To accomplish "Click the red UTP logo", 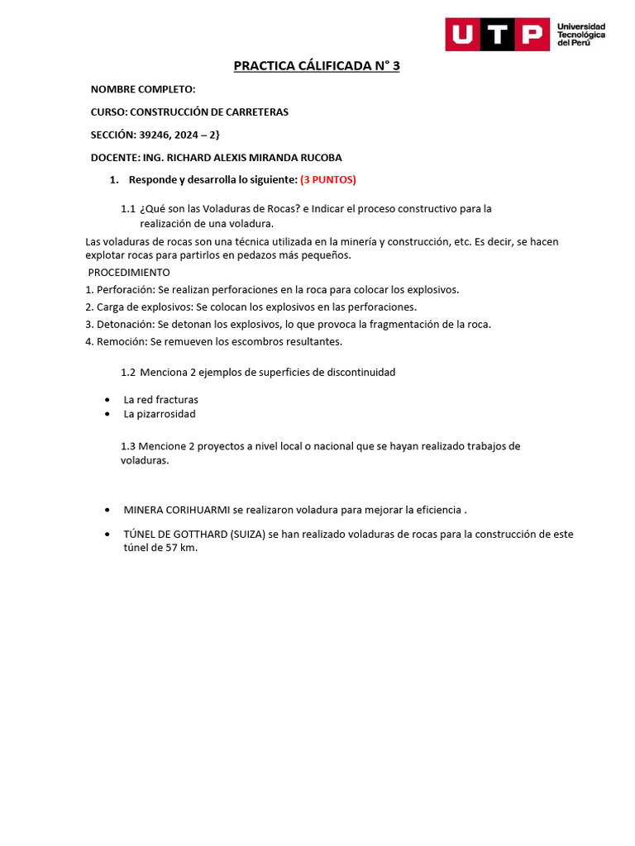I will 497,35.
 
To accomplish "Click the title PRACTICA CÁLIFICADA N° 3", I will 317,66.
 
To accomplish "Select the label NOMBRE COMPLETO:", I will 143,89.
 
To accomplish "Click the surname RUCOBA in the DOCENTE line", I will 317,157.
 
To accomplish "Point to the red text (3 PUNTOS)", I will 328,179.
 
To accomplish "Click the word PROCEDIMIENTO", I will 129,273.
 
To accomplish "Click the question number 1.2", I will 128,373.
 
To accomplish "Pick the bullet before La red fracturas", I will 109,400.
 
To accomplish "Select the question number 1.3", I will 128,446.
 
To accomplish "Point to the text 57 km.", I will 182,549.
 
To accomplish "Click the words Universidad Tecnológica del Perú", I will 581,35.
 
